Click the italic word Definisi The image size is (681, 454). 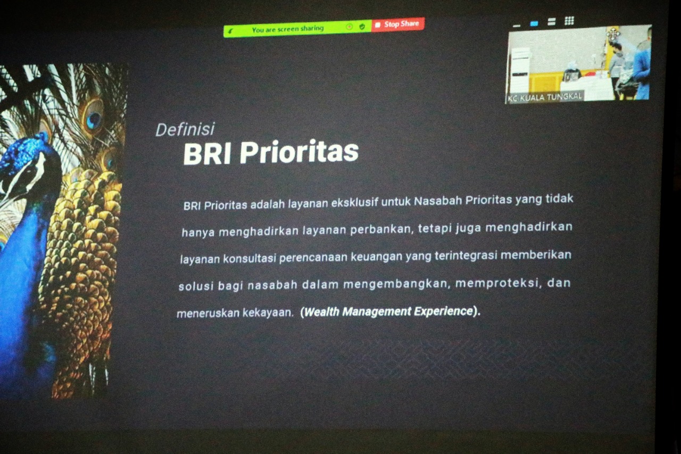point(185,129)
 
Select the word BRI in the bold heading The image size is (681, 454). point(207,154)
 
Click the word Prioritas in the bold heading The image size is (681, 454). point(299,152)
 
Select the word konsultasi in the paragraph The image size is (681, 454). point(250,259)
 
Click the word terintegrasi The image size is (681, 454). point(466,255)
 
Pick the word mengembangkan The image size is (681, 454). point(396,284)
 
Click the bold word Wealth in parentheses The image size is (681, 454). point(322,312)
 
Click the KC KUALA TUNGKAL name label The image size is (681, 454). point(544,97)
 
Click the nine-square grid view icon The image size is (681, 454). point(569,21)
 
